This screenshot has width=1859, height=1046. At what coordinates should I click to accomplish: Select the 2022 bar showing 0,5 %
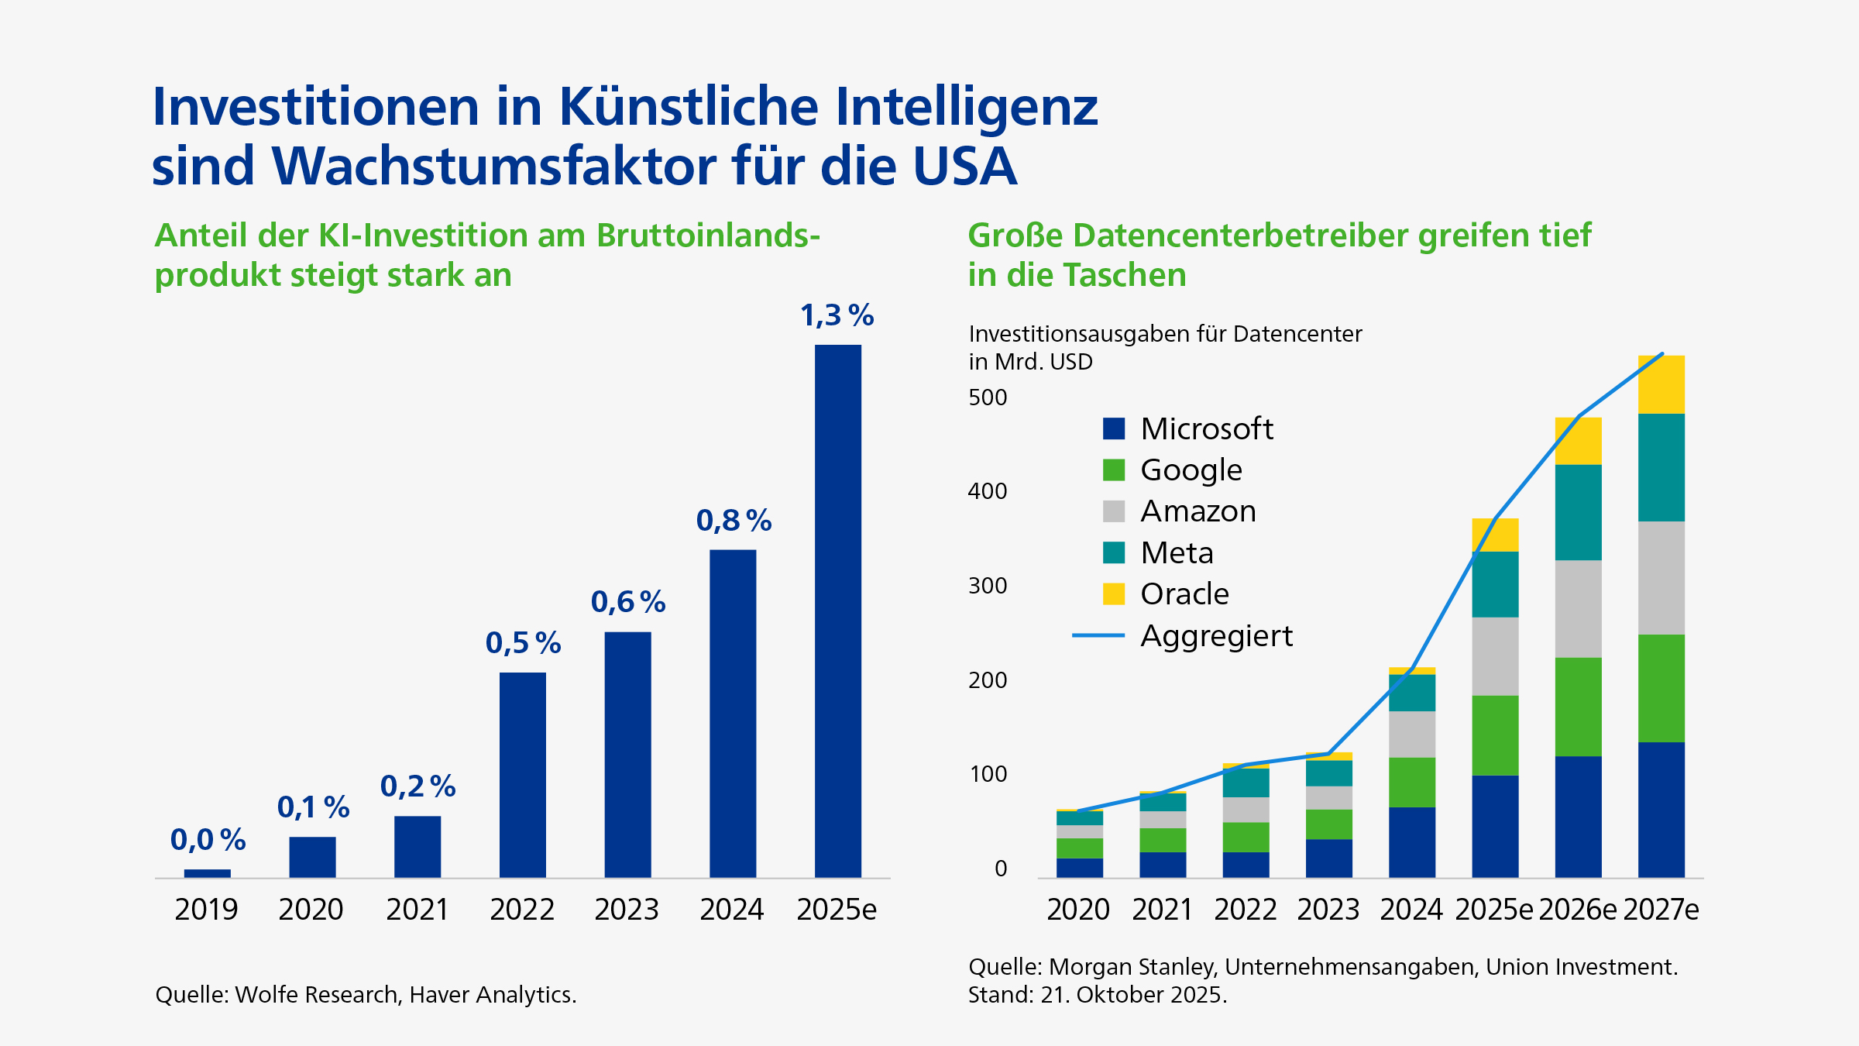tap(522, 775)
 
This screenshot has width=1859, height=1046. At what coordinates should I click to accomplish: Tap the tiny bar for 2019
tap(207, 873)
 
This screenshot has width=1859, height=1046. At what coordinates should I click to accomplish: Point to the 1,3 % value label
tap(837, 315)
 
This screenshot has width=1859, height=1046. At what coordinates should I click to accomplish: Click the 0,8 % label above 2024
tap(733, 521)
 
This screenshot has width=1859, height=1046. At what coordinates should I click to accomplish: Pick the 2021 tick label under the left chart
tap(417, 910)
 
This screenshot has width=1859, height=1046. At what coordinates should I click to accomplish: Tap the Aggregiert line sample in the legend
tap(1098, 635)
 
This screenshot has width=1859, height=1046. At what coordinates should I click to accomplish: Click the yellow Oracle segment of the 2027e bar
tap(1661, 385)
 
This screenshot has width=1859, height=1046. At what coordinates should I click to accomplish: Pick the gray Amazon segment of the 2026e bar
tap(1578, 608)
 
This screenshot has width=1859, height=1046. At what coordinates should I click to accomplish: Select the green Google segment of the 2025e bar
tap(1495, 735)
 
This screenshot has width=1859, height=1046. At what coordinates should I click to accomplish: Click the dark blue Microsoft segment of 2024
tap(1411, 842)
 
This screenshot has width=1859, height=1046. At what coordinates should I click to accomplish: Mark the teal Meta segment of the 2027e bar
tap(1661, 467)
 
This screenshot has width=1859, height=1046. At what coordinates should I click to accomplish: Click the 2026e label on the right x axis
tap(1577, 910)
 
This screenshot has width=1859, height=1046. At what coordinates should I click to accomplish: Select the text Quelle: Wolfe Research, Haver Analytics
tap(366, 995)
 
